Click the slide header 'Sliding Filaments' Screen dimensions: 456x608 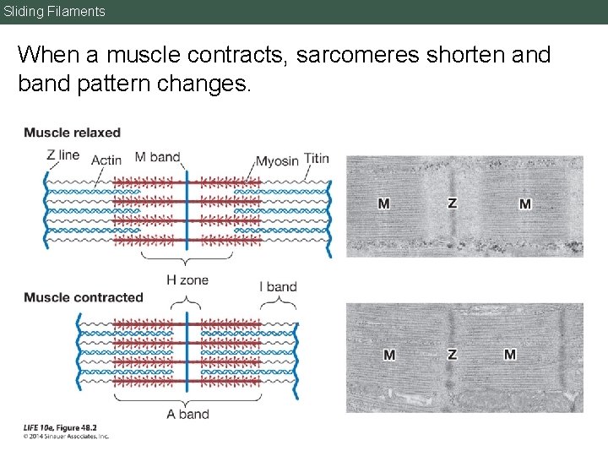coord(55,12)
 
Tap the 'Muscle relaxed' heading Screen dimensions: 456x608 coord(73,133)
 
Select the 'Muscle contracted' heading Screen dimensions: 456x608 coord(84,297)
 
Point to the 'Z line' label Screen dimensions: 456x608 coord(63,155)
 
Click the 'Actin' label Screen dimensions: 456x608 coord(106,160)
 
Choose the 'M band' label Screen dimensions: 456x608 coord(158,156)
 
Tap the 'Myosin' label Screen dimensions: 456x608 coord(277,160)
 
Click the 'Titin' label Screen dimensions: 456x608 coord(317,159)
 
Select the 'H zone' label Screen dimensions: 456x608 coord(187,280)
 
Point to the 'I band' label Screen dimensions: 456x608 coord(281,286)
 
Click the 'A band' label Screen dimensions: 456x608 coord(187,414)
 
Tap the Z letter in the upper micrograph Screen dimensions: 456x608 coord(452,204)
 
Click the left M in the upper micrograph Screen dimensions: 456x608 coord(384,204)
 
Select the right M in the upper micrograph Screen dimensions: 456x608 coord(525,204)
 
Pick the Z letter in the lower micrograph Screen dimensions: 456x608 coord(452,355)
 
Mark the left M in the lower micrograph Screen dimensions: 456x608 coord(389,355)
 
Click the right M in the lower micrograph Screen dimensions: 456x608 coord(510,355)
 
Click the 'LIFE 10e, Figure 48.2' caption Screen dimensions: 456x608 coord(60,428)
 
